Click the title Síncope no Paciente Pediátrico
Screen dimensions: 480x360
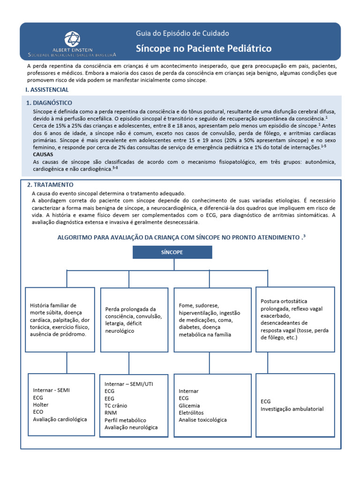[203, 49]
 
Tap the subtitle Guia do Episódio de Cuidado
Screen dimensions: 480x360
[182, 33]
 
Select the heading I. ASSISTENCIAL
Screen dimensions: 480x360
[47, 90]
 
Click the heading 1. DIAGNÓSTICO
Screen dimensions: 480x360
[49, 103]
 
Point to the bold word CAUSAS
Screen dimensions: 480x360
[43, 154]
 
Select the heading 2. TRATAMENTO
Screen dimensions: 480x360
[51, 185]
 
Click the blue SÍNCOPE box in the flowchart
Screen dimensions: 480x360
[172, 252]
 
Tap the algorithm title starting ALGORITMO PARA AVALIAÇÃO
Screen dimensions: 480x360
[181, 238]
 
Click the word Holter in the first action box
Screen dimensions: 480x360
[41, 405]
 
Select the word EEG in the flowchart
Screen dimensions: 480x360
[110, 398]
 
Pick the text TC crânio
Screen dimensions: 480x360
[116, 405]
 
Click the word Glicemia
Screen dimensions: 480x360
[189, 405]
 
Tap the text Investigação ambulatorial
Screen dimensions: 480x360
[292, 409]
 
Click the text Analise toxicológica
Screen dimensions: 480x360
[202, 420]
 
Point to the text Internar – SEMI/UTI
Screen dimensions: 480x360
[129, 383]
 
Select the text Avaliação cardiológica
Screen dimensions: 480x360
[60, 419]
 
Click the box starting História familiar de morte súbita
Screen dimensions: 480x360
[60, 320]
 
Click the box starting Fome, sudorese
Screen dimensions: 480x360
[211, 320]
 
